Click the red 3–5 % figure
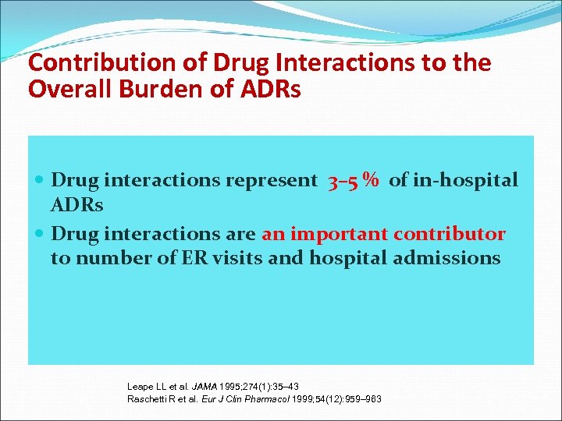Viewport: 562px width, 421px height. click(354, 181)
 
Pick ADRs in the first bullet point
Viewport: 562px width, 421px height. click(76, 205)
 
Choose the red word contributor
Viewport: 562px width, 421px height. click(450, 234)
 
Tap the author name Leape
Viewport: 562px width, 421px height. click(140, 387)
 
